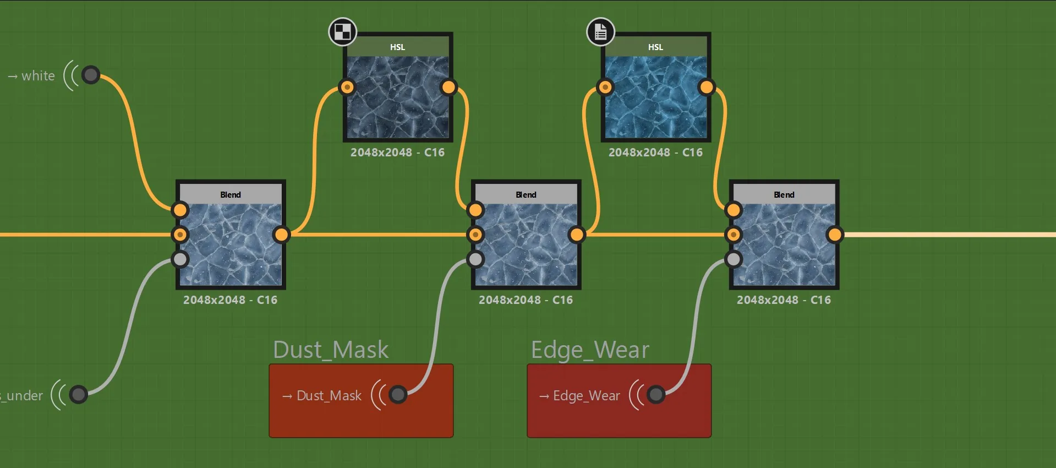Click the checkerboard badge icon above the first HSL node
click(x=342, y=31)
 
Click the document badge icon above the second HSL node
click(x=600, y=31)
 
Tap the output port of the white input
click(x=91, y=74)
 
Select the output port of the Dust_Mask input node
click(x=398, y=394)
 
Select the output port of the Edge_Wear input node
click(x=656, y=394)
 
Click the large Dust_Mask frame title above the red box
click(x=331, y=350)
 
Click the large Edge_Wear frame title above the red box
click(x=590, y=350)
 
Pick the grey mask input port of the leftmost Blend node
click(x=180, y=259)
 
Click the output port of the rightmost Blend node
click(x=835, y=235)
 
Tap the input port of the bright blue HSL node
click(x=605, y=87)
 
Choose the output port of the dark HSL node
click(x=449, y=87)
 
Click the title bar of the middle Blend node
click(x=526, y=194)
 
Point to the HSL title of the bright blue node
click(x=655, y=47)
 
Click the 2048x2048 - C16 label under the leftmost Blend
click(x=231, y=300)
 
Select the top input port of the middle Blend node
click(x=475, y=210)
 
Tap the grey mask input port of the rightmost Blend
click(x=734, y=259)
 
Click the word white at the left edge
click(x=38, y=75)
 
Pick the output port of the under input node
click(x=78, y=394)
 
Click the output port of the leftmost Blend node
click(x=281, y=235)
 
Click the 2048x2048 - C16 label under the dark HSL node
click(x=398, y=153)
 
